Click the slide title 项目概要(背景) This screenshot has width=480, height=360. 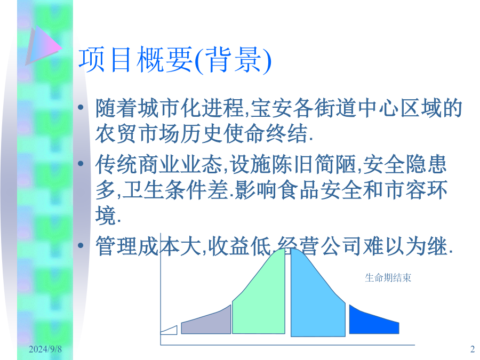click(x=175, y=60)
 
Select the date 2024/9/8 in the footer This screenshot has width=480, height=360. click(x=45, y=349)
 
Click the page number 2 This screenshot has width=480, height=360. click(x=473, y=349)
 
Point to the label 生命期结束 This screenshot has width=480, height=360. click(x=388, y=278)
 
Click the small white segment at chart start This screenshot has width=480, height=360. click(x=169, y=331)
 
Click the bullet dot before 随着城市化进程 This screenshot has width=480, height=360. click(x=81, y=107)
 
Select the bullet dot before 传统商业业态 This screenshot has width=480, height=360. click(x=81, y=164)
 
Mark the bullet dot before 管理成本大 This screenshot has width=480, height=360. click(x=81, y=245)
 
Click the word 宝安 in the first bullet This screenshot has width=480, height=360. click(x=271, y=108)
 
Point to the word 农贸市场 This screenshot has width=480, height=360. click(x=138, y=133)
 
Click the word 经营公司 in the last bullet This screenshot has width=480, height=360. click(x=320, y=246)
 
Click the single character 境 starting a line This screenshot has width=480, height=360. click(x=106, y=215)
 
